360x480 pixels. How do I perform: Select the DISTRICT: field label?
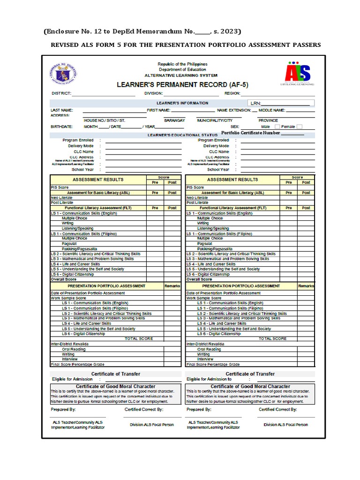tap(61, 94)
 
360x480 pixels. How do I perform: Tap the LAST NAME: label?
tap(61, 110)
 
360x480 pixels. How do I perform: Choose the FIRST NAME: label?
tap(158, 110)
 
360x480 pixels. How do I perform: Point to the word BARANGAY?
tap(174, 120)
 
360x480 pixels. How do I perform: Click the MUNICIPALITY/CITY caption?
tap(214, 120)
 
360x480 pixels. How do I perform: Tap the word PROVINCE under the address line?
tap(268, 120)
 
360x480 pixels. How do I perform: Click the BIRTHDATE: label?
tap(61, 127)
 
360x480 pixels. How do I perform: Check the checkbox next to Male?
tap(277, 127)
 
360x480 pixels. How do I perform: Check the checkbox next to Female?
tap(300, 127)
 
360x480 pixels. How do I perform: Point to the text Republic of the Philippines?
tap(182, 64)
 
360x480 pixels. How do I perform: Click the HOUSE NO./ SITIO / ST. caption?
tap(105, 120)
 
